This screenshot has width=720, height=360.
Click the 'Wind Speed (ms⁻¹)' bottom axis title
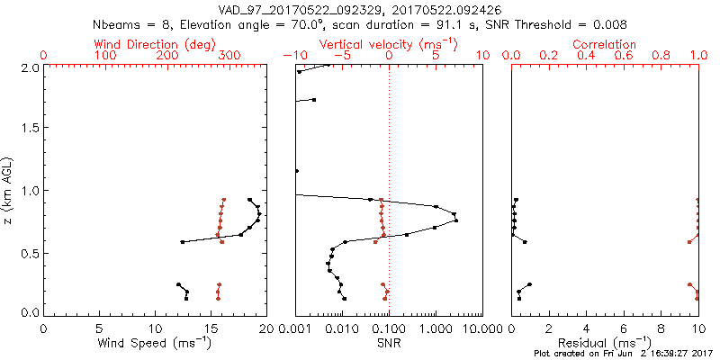155,343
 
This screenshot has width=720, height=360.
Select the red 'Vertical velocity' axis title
388,44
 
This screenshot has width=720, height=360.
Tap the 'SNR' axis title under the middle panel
389,343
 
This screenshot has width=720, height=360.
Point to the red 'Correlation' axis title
605,44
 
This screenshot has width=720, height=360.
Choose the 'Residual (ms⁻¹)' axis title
605,343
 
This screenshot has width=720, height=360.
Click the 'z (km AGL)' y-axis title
10,190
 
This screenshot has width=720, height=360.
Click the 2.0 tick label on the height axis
29,67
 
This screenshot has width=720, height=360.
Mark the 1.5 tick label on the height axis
29,129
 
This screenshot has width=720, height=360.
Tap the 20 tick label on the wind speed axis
265,328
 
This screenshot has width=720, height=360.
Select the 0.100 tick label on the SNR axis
389,328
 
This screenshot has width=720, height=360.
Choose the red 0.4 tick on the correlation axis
586,56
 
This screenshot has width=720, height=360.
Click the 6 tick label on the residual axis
624,328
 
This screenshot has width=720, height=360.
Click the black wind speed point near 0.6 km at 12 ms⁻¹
183,241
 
